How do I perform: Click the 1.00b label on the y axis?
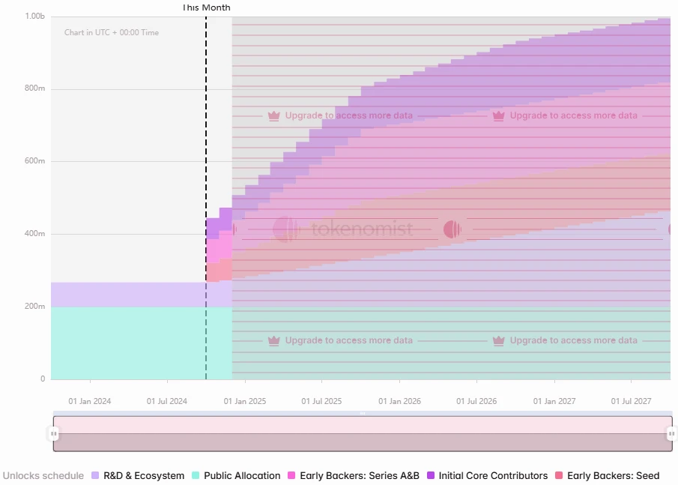pyautogui.click(x=35, y=16)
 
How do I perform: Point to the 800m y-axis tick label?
pyautogui.click(x=35, y=88)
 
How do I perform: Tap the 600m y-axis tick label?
pyautogui.click(x=35, y=161)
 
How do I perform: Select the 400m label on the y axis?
pyautogui.click(x=35, y=234)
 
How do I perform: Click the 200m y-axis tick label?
pyautogui.click(x=35, y=307)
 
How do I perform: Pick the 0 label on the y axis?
pyautogui.click(x=43, y=379)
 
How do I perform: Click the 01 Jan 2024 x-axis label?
pyautogui.click(x=89, y=402)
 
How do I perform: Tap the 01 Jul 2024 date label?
pyautogui.click(x=166, y=402)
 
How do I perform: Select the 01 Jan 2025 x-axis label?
pyautogui.click(x=244, y=402)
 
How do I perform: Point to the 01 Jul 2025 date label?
pyautogui.click(x=321, y=402)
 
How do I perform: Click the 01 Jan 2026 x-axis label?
pyautogui.click(x=399, y=402)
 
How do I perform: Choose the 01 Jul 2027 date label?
pyautogui.click(x=632, y=402)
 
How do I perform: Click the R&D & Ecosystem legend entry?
pyautogui.click(x=138, y=476)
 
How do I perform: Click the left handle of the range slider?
pyautogui.click(x=54, y=433)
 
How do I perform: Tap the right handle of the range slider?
pyautogui.click(x=671, y=433)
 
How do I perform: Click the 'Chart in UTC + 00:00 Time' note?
pyautogui.click(x=112, y=33)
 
